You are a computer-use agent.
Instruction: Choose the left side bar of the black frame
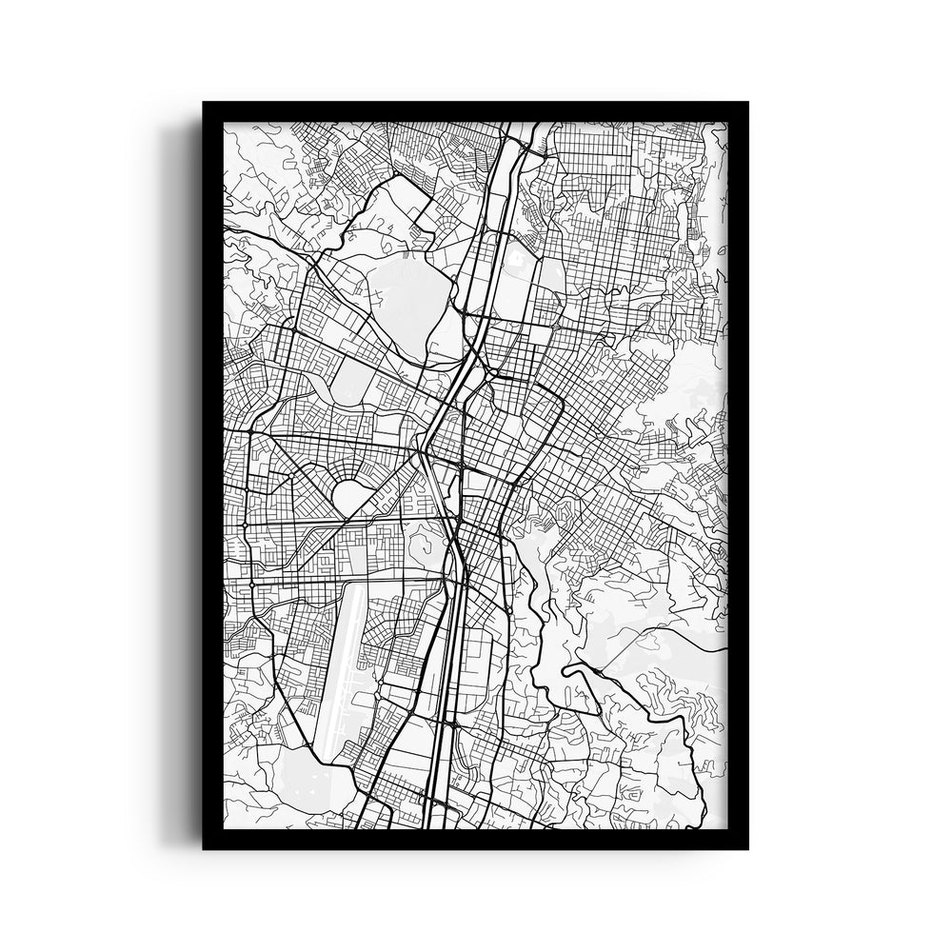click(x=212, y=476)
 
